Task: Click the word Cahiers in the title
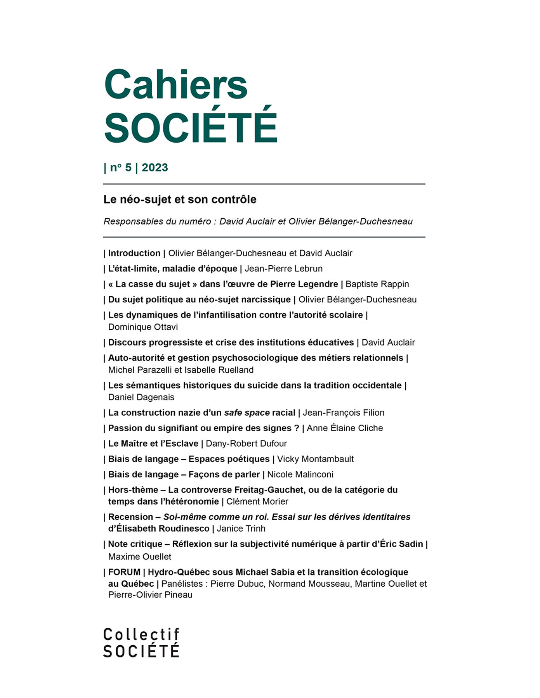click(x=175, y=85)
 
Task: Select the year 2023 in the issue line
click(x=155, y=168)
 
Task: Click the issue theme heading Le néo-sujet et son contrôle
click(x=180, y=199)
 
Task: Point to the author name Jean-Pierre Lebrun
click(x=283, y=269)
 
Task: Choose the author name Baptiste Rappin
click(x=377, y=284)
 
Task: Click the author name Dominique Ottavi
click(x=143, y=327)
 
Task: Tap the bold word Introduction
click(x=134, y=253)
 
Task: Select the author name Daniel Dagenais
click(x=141, y=397)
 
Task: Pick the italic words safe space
click(x=247, y=413)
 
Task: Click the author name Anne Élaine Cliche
click(x=345, y=428)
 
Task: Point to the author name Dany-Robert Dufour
click(x=246, y=444)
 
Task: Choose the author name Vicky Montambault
click(x=315, y=459)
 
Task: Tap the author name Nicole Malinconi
click(x=300, y=475)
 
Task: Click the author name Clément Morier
click(x=257, y=501)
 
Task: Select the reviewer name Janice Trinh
click(x=241, y=529)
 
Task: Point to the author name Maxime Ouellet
click(x=139, y=556)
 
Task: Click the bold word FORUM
click(x=124, y=572)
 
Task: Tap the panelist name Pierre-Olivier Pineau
click(x=150, y=595)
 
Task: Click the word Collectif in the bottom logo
click(x=141, y=635)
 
